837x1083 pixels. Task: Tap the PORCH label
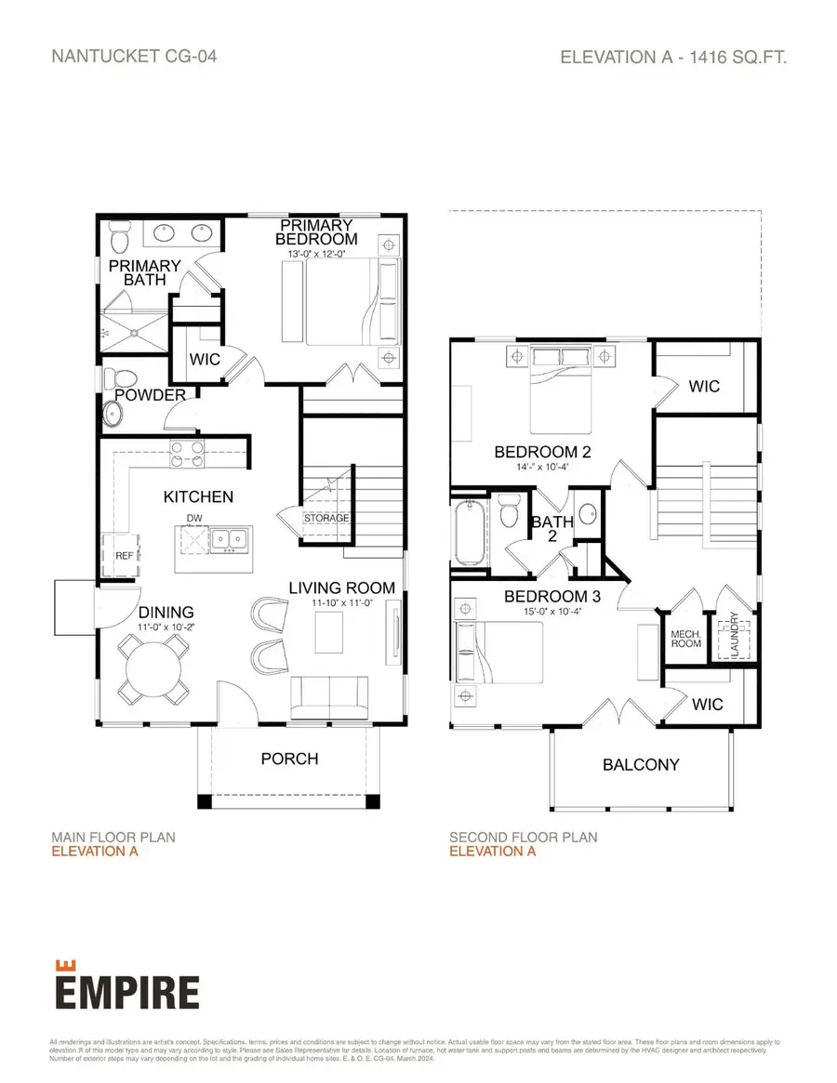point(288,759)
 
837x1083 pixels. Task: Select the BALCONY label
point(641,765)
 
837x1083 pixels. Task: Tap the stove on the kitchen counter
point(186,455)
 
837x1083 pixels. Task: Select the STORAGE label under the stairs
point(325,518)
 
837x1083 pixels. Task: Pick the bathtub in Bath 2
point(469,534)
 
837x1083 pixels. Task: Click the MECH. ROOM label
point(685,638)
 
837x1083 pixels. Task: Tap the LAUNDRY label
point(734,634)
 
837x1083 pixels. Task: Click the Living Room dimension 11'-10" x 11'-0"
point(341,604)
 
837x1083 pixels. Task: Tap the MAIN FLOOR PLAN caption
point(113,838)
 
